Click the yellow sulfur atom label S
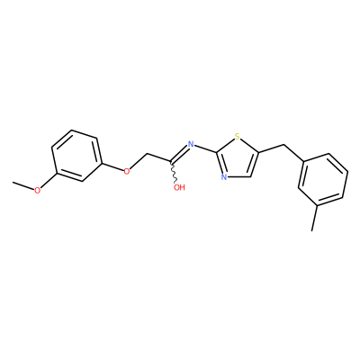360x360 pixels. [238, 138]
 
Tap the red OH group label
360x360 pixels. [179, 188]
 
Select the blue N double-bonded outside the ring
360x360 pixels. [190, 144]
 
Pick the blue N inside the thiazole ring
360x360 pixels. [224, 176]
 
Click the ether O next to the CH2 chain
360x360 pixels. [127, 171]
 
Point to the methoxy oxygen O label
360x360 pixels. [37, 191]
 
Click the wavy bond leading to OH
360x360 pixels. [174, 173]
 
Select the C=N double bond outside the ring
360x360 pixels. [179, 155]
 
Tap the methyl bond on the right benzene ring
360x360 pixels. [315, 218]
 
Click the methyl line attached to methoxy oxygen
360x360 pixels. [23, 185]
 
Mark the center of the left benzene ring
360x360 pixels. [77, 156]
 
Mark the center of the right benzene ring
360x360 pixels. [323, 180]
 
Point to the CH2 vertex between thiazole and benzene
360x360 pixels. [283, 145]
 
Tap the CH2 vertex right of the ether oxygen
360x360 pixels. [148, 154]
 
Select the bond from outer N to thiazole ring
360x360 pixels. [205, 149]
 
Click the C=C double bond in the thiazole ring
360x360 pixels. [254, 165]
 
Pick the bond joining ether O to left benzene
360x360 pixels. [113, 167]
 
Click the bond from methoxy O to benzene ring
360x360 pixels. [49, 181]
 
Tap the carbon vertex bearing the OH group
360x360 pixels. [171, 163]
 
